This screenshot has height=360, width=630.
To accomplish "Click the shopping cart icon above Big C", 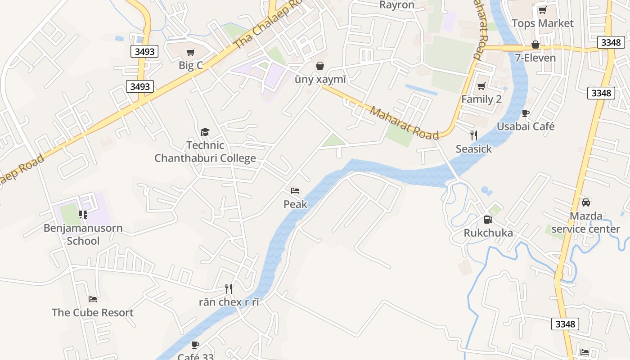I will tap(190, 52).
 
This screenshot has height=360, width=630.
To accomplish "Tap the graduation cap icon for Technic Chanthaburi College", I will tap(205, 132).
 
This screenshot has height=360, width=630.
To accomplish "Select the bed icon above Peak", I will tap(295, 191).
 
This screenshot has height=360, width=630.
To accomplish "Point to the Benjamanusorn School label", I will tap(83, 234).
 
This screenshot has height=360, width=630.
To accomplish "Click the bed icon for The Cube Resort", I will tap(93, 299).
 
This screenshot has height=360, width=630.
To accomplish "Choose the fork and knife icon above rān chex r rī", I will tap(229, 288).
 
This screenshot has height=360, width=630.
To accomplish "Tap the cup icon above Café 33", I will tap(195, 345).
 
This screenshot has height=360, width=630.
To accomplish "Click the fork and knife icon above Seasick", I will tap(473, 135).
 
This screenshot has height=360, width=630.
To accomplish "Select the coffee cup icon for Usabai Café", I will tap(525, 113).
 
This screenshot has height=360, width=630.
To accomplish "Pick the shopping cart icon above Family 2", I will tap(481, 86).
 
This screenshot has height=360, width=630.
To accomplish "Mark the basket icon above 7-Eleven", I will tap(535, 45).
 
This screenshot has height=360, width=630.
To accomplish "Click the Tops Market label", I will tap(543, 23).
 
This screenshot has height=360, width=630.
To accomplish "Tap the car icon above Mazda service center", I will tap(586, 202).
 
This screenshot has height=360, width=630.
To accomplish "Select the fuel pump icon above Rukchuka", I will tap(488, 220).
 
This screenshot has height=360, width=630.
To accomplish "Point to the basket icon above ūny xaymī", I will tap(320, 66).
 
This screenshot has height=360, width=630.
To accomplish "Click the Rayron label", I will tap(397, 5).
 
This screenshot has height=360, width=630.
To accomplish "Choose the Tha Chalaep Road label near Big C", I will tap(268, 25).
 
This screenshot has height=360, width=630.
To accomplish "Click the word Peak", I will tap(295, 204).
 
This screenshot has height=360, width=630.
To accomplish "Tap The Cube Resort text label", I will tap(93, 312).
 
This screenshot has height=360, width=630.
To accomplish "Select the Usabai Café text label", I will tap(526, 126).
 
